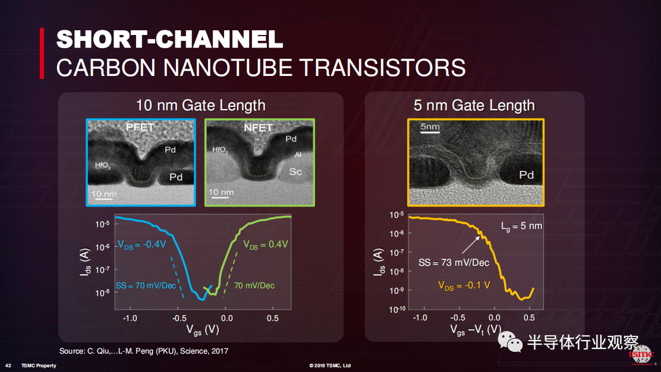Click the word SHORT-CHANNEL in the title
pos(169,39)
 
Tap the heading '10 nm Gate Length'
pos(201,105)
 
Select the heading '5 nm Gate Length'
pos(474,105)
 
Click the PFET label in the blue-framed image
pos(140,127)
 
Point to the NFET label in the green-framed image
pos(258,128)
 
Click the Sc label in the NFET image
pos(295,171)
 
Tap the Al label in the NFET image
pos(298,155)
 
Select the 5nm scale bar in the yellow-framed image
pos(430,132)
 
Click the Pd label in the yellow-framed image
pos(526,175)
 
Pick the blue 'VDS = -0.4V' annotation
pos(142,244)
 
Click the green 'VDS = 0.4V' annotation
pos(266,244)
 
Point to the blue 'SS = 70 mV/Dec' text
pos(146,286)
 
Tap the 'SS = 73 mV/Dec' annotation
pos(454,263)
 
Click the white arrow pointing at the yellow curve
pos(471,245)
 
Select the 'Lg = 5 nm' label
pos(521,227)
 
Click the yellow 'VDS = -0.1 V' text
pos(464,286)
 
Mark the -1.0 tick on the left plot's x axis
pos(130,318)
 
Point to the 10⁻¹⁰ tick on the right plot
pos(397,310)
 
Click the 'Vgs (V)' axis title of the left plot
pos(203,330)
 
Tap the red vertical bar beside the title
pos(42,53)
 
